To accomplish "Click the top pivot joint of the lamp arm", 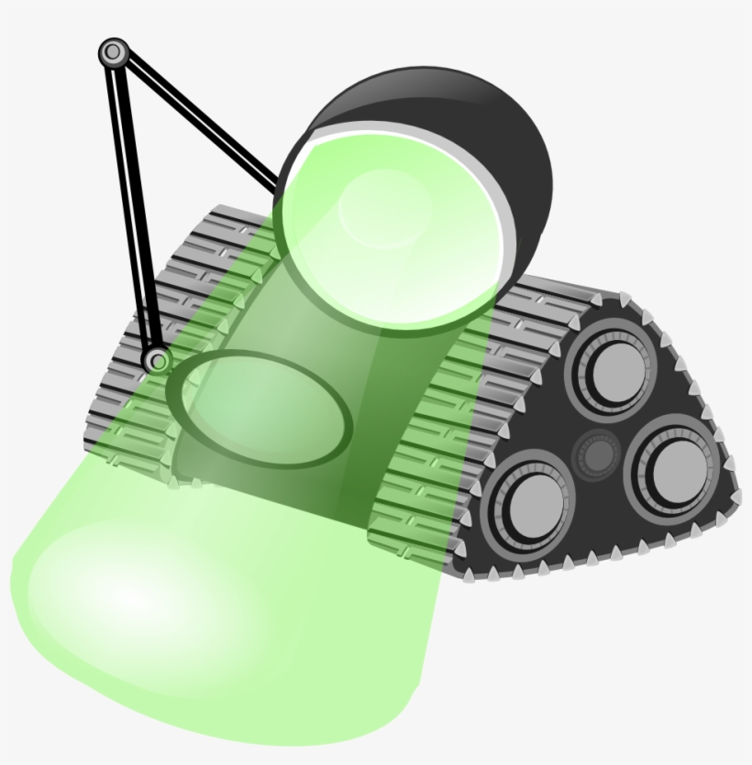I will click(x=113, y=52).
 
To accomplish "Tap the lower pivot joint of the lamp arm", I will click(x=158, y=360).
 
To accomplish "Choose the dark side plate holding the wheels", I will click(x=642, y=531).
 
